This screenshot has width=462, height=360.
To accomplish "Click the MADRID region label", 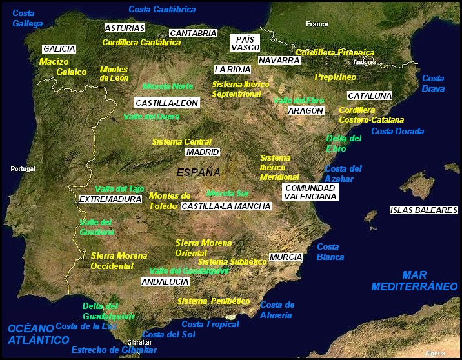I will click(x=203, y=152).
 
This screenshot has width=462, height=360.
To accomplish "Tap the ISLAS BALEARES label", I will click(x=423, y=210).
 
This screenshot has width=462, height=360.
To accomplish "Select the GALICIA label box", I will click(x=59, y=48).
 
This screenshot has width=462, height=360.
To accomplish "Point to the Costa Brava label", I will click(x=433, y=83).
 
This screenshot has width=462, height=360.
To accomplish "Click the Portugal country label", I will click(x=23, y=169).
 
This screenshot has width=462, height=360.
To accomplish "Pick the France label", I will click(x=317, y=24).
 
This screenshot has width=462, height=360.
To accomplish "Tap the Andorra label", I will click(x=365, y=62).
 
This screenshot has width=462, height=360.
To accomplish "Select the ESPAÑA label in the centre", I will click(x=198, y=172).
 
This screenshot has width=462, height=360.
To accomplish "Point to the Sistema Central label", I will click(x=181, y=141).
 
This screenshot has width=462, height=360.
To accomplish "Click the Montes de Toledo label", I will click(x=170, y=201).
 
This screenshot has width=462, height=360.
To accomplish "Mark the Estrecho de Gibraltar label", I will click(x=114, y=350).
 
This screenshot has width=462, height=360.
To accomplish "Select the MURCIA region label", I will click(x=286, y=257).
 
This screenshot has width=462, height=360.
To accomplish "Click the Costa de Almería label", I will click(x=277, y=310).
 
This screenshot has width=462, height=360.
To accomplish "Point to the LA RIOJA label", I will click(x=232, y=69).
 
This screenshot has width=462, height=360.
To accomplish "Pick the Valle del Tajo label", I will click(x=119, y=188).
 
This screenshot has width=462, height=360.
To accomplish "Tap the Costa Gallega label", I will click(x=27, y=18).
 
